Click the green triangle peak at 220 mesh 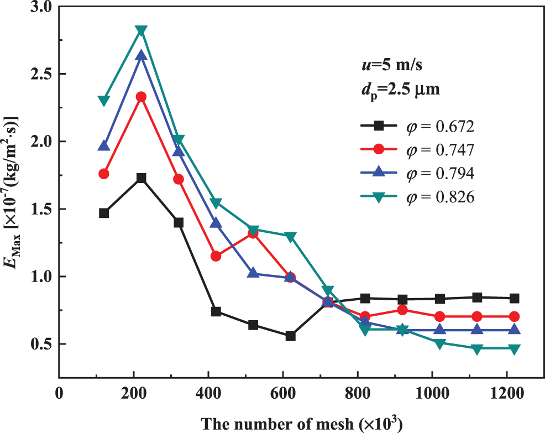click(x=141, y=30)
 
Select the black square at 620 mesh click(x=290, y=336)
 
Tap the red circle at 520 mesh click(x=253, y=233)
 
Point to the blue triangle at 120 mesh click(x=104, y=146)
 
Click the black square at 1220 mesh click(x=513, y=298)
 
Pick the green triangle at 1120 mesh click(x=476, y=349)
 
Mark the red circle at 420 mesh click(x=216, y=256)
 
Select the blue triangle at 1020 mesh click(x=439, y=330)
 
